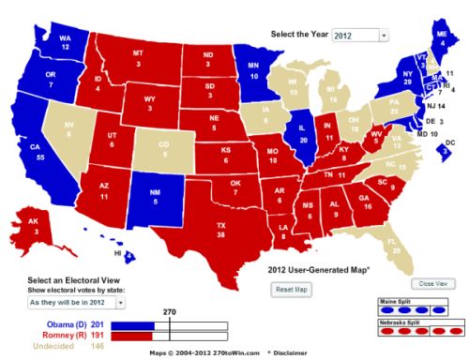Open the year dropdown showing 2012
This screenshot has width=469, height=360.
pyautogui.click(x=356, y=36)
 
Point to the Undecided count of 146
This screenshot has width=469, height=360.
pyautogui.click(x=98, y=345)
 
